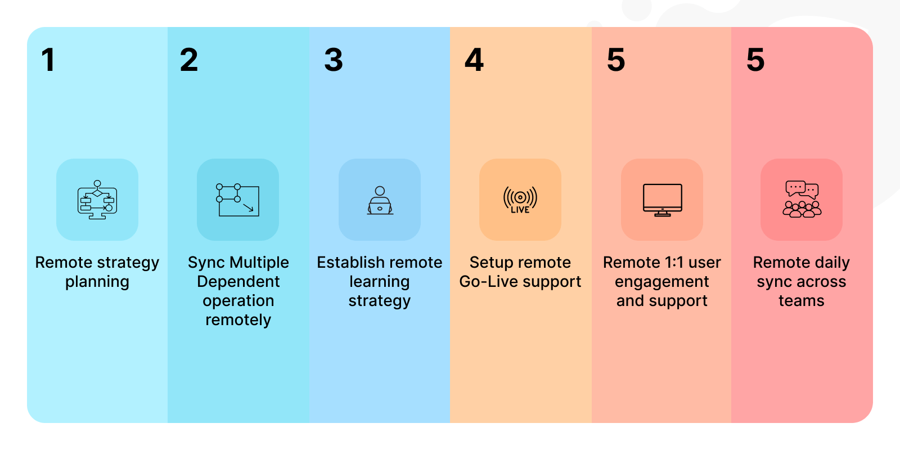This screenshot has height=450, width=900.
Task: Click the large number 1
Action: [x=48, y=60]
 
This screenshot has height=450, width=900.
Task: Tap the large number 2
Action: [x=189, y=60]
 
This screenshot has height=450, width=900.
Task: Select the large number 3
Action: [x=334, y=60]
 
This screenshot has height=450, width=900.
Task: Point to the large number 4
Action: [x=474, y=60]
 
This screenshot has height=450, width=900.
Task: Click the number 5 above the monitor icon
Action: [x=616, y=60]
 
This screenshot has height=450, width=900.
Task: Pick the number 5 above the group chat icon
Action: [x=755, y=60]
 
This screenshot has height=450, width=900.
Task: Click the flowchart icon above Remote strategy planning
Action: [x=97, y=200]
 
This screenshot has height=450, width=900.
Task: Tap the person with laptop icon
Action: [x=380, y=200]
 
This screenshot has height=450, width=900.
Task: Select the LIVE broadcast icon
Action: [x=520, y=200]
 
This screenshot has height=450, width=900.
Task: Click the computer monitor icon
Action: [x=662, y=200]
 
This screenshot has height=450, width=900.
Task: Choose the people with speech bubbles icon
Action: [x=802, y=199]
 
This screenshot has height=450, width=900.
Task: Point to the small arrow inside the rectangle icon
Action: [x=248, y=207]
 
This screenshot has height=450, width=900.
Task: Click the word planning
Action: [x=97, y=282]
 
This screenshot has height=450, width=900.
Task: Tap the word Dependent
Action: [x=238, y=282]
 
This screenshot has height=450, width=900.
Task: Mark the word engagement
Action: [x=661, y=282]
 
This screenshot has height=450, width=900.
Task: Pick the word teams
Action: [x=802, y=301]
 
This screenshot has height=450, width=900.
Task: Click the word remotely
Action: [x=238, y=320]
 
